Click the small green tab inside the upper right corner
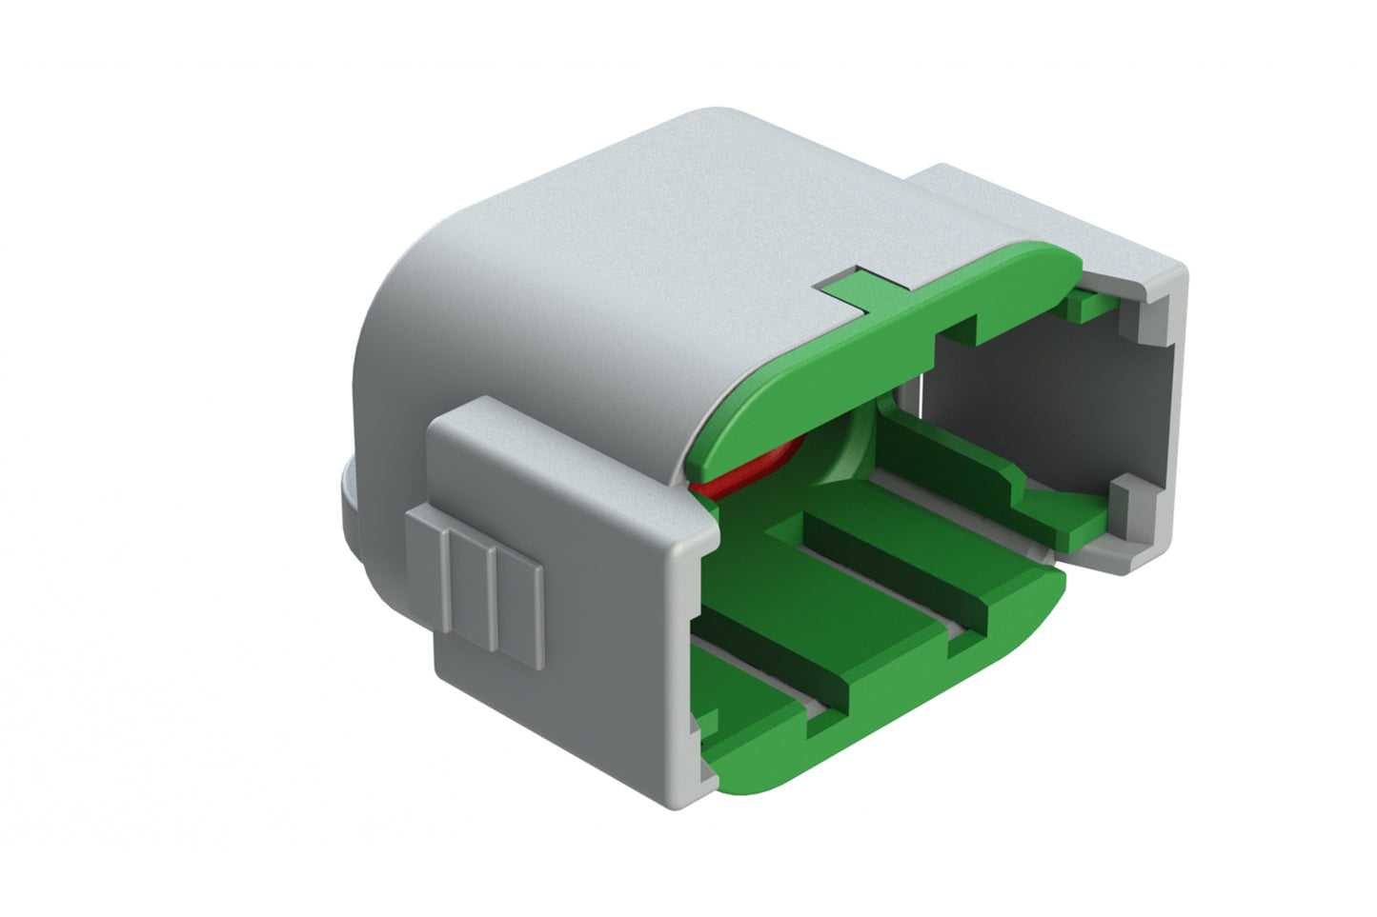(1086, 305)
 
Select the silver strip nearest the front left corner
(753, 667)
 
